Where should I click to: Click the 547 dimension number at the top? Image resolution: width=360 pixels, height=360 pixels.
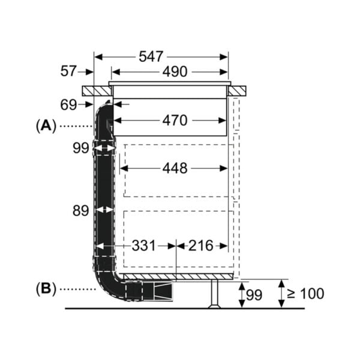(x=151, y=56)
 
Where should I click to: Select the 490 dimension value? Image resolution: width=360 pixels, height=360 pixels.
(x=175, y=71)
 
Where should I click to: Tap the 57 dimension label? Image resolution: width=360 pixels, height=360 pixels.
(x=68, y=71)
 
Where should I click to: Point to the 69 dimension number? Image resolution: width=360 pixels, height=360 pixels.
(x=68, y=105)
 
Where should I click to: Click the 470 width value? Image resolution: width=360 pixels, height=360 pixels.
(x=175, y=121)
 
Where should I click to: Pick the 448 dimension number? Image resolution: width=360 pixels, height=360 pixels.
(x=175, y=168)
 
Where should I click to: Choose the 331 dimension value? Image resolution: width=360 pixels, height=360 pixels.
(x=144, y=245)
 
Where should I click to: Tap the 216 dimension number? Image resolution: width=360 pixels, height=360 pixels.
(x=201, y=245)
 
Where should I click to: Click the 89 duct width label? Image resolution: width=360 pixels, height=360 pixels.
(x=80, y=211)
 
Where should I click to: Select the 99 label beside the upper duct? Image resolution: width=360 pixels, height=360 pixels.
(x=81, y=148)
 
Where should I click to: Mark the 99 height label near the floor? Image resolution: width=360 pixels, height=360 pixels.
(x=254, y=295)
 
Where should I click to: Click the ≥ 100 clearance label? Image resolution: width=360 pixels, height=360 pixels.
(x=305, y=293)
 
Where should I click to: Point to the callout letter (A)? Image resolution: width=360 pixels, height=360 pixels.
(x=46, y=126)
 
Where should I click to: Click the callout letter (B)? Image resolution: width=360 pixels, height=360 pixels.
(x=46, y=289)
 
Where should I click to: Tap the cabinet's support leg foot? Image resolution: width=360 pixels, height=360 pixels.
(x=214, y=305)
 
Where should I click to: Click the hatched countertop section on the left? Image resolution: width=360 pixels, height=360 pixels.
(x=97, y=91)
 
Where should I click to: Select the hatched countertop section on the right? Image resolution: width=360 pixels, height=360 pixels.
(x=237, y=91)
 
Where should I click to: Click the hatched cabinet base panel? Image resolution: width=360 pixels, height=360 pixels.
(x=178, y=277)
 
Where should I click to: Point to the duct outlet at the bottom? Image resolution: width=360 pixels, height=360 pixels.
(x=163, y=292)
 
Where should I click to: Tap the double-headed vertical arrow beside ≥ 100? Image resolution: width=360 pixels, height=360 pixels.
(x=281, y=293)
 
